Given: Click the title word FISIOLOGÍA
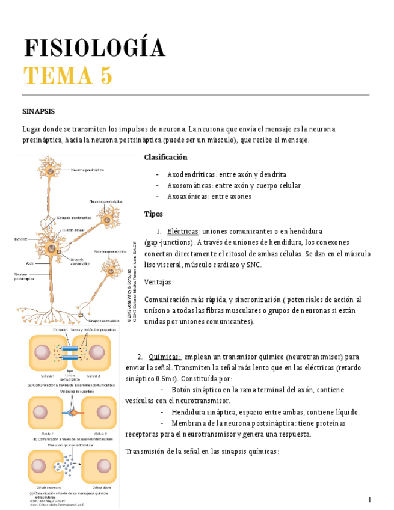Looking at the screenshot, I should coord(94,49).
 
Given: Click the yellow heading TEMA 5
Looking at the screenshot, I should coord(67,76).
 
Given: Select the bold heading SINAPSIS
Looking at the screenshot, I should coord(38,112).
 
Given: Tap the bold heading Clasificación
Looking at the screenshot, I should coord(165,157).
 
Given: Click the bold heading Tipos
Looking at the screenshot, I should coord(154,214).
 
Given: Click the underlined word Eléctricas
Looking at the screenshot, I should coord(182,231).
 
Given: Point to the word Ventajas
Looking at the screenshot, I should coord(159,282).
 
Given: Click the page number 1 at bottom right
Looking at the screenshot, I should coord(370,500).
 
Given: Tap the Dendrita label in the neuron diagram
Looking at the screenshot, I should coord(20,239).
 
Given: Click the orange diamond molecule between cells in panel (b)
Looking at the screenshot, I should coord(70,414).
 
